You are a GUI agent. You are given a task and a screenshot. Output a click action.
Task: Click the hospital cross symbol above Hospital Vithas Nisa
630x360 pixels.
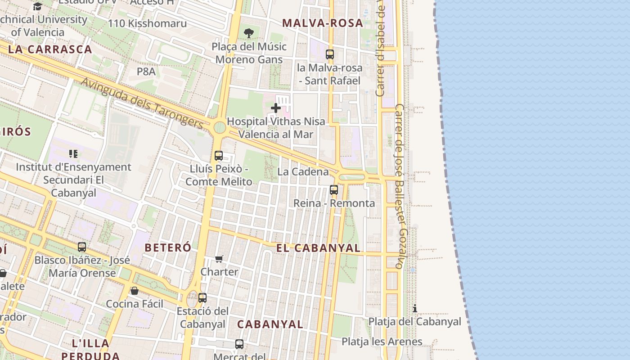(x=276, y=108)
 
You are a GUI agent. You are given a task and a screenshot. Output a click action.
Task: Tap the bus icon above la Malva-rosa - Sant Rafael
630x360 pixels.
(x=330, y=54)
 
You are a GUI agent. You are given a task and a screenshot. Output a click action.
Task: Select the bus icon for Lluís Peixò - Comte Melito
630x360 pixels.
(x=219, y=156)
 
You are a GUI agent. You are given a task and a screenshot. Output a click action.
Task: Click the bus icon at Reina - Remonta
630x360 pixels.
(x=334, y=190)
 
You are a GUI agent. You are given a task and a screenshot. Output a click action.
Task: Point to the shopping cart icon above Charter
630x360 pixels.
(x=219, y=259)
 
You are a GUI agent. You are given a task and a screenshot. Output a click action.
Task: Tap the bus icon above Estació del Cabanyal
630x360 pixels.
(x=202, y=297)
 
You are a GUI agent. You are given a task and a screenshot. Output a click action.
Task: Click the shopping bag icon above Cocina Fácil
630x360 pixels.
(x=135, y=291)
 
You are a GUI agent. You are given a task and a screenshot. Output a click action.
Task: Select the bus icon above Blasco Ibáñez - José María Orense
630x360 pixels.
(x=82, y=247)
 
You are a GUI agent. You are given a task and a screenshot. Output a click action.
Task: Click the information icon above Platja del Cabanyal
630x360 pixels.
(x=415, y=308)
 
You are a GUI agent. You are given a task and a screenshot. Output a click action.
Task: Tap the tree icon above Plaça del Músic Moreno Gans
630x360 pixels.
(x=248, y=33)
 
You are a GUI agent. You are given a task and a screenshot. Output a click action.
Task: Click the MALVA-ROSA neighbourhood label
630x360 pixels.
(x=322, y=23)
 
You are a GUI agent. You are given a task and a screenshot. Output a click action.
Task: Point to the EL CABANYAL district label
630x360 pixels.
(x=318, y=248)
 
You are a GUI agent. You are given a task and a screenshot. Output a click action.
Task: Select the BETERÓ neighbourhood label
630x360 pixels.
(x=168, y=247)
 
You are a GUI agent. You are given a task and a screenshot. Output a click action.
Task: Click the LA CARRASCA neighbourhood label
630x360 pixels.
(x=50, y=49)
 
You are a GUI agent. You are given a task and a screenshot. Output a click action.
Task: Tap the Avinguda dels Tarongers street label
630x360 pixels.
(x=142, y=102)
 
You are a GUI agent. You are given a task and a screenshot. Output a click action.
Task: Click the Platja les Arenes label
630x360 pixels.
(x=382, y=342)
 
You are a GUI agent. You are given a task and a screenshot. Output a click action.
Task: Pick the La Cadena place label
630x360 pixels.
(x=303, y=171)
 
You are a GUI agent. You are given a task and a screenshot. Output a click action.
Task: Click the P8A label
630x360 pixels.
(x=146, y=72)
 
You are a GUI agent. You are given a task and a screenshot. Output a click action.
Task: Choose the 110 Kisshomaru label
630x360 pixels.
(x=147, y=23)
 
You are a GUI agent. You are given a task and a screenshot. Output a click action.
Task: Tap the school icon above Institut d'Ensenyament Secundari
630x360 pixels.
(x=73, y=154)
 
